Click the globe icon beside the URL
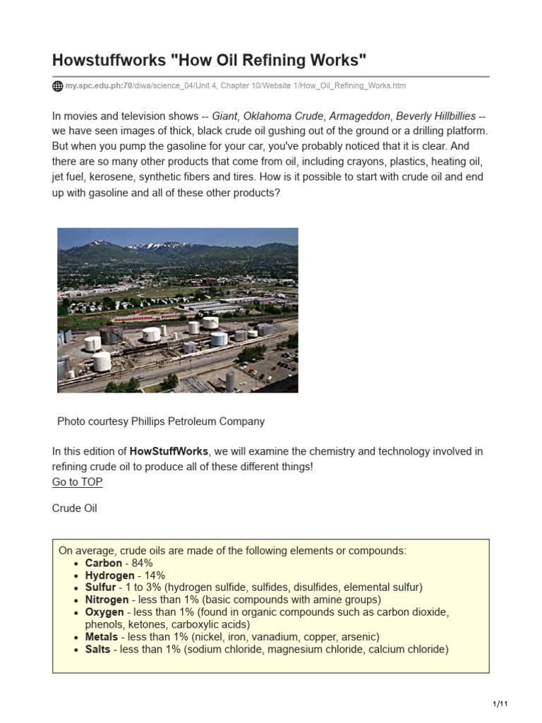click(x=58, y=86)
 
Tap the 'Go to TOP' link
click(x=77, y=482)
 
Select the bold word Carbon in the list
click(x=104, y=563)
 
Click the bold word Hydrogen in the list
click(x=109, y=575)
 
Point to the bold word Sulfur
click(x=100, y=587)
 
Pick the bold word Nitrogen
click(x=107, y=600)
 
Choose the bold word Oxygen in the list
click(x=104, y=612)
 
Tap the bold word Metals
click(x=102, y=637)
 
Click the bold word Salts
click(x=97, y=649)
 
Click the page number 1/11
click(x=500, y=705)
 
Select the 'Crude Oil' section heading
click(x=75, y=508)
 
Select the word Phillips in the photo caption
click(x=151, y=422)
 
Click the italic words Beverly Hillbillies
click(x=435, y=116)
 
